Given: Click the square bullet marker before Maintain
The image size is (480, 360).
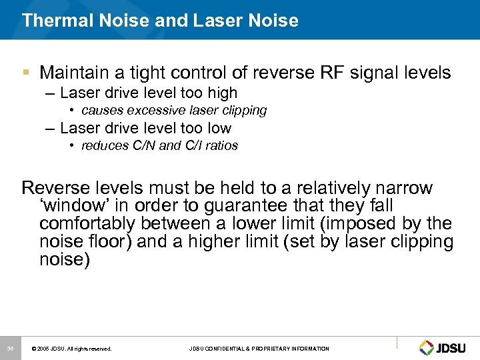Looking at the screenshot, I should (27, 71).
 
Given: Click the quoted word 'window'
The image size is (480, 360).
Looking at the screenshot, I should (70, 207).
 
